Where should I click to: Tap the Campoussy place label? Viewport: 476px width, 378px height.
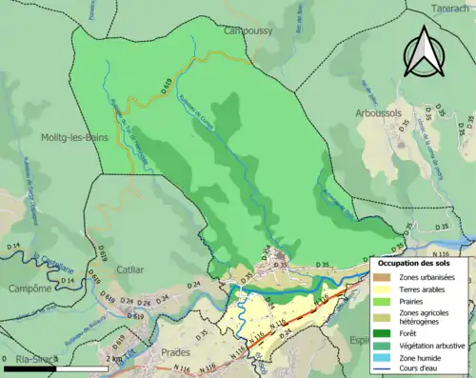pos(248,30)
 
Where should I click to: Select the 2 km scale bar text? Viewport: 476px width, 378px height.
pos(112,359)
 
